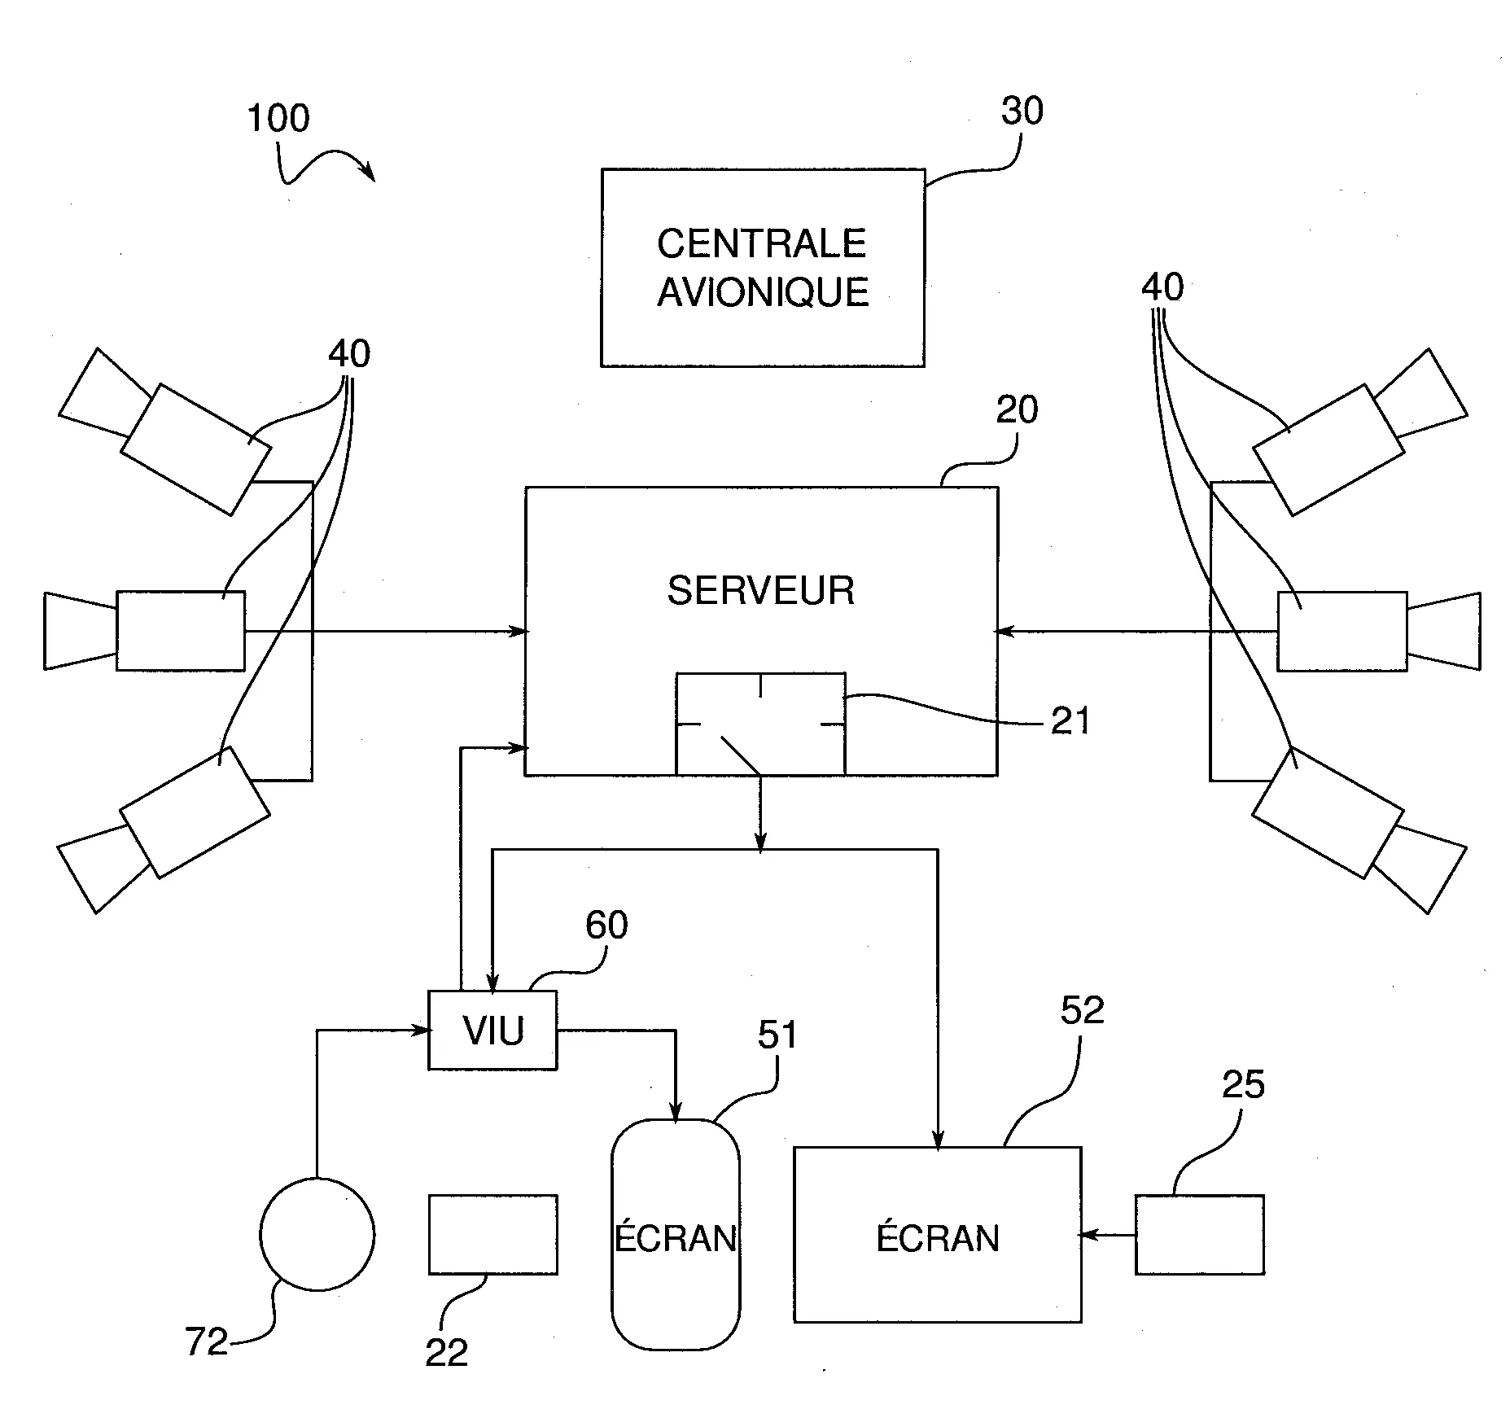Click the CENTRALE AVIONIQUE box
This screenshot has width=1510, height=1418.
763,268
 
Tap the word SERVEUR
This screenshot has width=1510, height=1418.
761,590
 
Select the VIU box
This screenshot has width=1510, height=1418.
493,1031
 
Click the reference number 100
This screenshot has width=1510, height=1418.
278,119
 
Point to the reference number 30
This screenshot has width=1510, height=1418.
1022,112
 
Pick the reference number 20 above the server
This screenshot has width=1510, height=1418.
1017,410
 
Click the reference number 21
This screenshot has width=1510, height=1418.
1070,721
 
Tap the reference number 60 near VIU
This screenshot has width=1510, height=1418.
606,926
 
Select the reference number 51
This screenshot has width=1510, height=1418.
777,1035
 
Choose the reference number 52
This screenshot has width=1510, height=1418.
1082,1010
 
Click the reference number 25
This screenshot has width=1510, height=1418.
1243,1085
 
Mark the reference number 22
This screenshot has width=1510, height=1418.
447,1353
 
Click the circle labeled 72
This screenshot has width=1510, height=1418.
317,1234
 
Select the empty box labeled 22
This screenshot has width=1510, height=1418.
493,1234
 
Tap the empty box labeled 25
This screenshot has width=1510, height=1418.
1200,1234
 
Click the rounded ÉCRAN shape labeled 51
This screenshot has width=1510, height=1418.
676,1234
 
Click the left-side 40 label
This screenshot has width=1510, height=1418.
349,354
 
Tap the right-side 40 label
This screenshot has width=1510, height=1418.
1162,287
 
